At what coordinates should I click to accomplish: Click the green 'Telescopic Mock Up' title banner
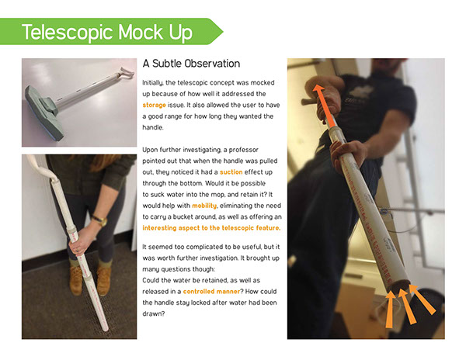click(110, 32)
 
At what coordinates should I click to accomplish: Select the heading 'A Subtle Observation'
click(191, 64)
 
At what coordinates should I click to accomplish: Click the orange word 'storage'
click(154, 105)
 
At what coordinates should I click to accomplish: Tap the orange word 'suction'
click(231, 172)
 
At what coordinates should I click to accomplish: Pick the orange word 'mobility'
click(204, 206)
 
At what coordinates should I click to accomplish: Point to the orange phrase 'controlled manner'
click(211, 292)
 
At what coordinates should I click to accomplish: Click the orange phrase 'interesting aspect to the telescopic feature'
click(211, 228)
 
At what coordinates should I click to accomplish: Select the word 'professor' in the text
click(243, 150)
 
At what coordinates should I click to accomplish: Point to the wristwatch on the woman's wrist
click(100, 220)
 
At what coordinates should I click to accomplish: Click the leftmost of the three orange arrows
click(390, 310)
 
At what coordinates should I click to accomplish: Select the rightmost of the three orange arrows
click(422, 299)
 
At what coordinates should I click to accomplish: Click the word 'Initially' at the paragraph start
click(152, 83)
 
